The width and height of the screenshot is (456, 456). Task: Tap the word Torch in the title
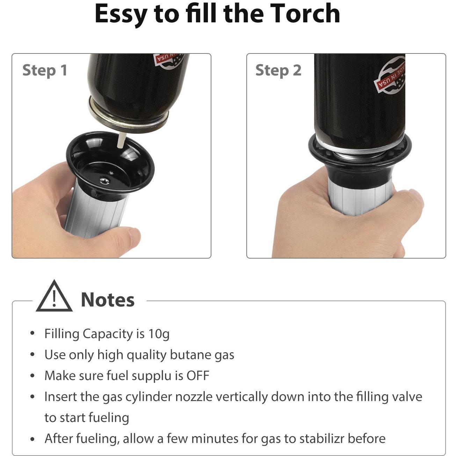tap(305, 13)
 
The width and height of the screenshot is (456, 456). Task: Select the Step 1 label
tap(45, 71)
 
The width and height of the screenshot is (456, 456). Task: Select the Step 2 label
tap(278, 71)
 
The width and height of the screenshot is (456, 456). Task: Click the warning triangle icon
tap(54, 296)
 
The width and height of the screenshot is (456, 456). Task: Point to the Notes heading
tap(108, 300)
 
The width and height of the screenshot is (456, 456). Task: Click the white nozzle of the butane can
tap(121, 140)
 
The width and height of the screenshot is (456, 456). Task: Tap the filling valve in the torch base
tap(104, 181)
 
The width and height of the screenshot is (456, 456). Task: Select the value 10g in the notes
tap(159, 334)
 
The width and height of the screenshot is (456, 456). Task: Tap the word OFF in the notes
tap(198, 376)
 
